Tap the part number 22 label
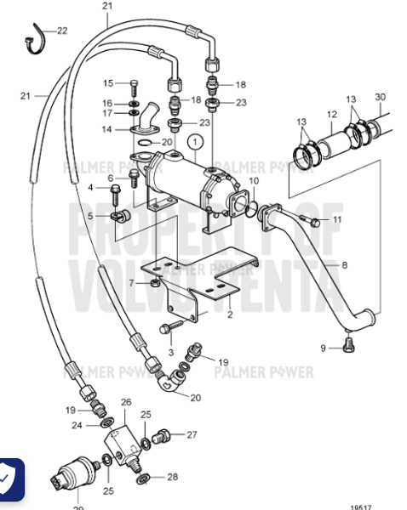(x=62, y=31)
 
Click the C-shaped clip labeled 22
(x=34, y=38)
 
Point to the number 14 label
(x=107, y=129)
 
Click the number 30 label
(x=380, y=96)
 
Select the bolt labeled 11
(x=315, y=222)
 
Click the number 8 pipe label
(x=345, y=266)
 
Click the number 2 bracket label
(x=228, y=313)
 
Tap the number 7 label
(x=131, y=282)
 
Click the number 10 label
(x=254, y=181)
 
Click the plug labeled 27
(x=165, y=437)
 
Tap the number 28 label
(x=174, y=477)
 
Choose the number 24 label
(x=77, y=425)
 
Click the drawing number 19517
(x=360, y=505)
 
